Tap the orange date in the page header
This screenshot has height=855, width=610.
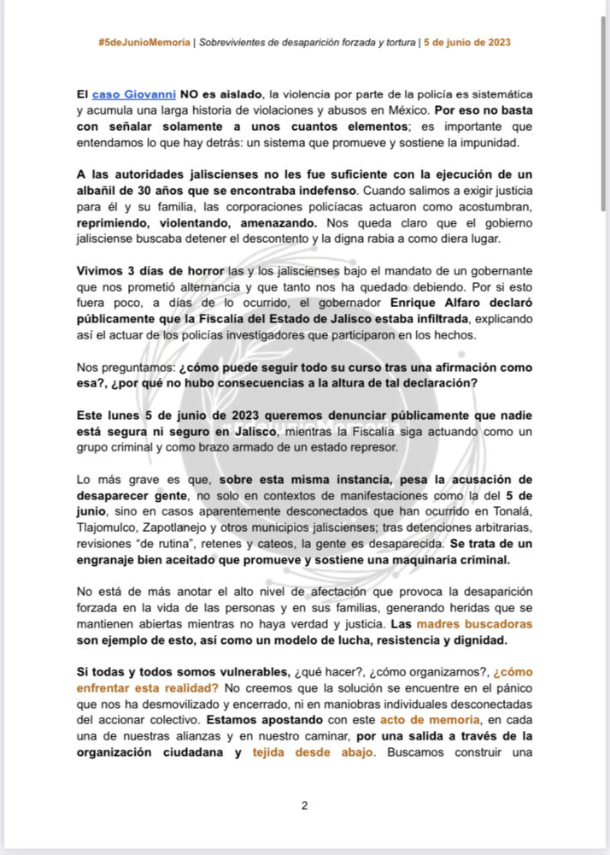468,42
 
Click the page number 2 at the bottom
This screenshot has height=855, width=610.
304,805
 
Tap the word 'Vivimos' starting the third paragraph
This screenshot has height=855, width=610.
102,271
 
